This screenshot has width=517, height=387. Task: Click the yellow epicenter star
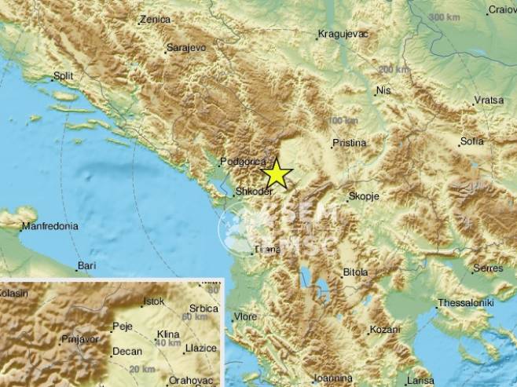click(277, 173)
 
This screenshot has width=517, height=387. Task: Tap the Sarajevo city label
click(187, 49)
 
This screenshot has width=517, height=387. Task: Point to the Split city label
click(62, 77)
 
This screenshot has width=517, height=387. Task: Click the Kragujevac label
click(343, 34)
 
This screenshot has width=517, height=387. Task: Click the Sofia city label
click(472, 141)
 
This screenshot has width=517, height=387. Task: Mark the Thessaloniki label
click(465, 302)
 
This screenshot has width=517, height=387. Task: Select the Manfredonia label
click(49, 226)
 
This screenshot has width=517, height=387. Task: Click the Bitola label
click(355, 272)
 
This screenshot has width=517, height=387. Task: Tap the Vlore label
click(244, 317)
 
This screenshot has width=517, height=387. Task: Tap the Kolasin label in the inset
click(14, 293)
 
